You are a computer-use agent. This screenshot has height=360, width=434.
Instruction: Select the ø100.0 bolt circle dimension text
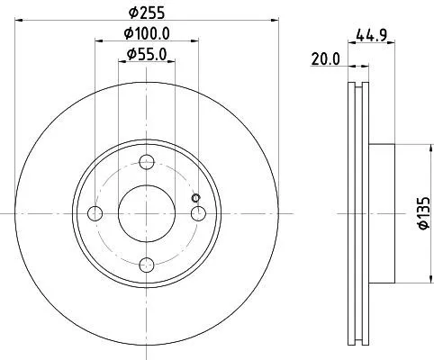point(148,36)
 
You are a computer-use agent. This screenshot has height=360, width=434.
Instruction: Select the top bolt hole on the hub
point(148,163)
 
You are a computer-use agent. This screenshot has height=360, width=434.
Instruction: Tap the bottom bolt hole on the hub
point(148,263)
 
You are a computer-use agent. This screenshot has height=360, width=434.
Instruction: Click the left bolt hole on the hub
point(96,213)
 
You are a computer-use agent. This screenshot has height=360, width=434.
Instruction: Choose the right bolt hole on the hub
point(198,213)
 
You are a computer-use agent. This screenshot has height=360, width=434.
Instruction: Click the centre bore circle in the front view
point(148,213)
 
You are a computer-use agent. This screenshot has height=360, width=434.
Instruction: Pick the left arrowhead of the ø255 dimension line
point(20,22)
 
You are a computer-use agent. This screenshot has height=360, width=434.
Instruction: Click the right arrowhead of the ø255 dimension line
point(276,22)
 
